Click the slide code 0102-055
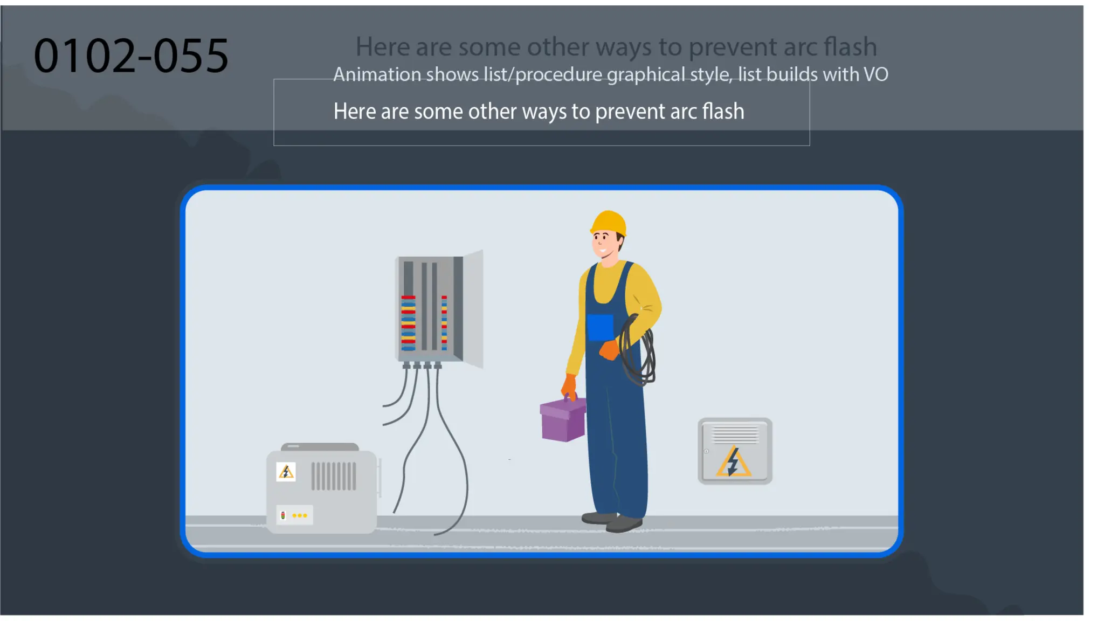pos(131,56)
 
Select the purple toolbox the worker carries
pos(563,420)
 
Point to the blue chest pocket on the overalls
pos(600,327)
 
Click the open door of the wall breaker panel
pos(473,309)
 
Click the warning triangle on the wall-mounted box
pos(733,462)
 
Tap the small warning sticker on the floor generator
pos(286,472)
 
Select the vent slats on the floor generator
pos(334,476)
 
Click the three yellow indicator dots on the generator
pos(300,515)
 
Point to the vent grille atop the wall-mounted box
pos(735,433)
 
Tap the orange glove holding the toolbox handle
pos(569,386)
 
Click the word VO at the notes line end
pos(875,74)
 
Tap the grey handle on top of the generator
pos(320,447)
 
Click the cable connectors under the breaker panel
pos(422,366)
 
